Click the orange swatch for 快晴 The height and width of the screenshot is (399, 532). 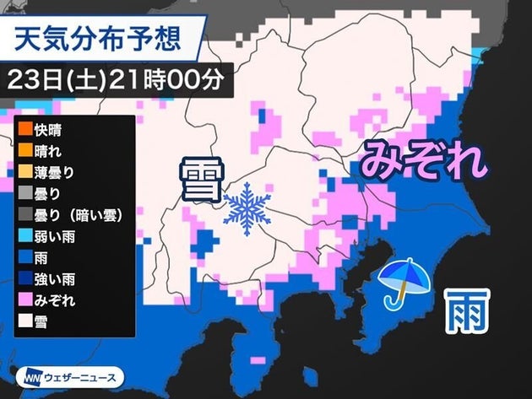point(23,131)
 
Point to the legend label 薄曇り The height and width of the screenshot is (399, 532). point(56,173)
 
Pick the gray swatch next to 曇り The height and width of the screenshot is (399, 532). point(23,194)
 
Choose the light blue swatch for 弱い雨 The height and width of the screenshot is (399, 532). point(23,236)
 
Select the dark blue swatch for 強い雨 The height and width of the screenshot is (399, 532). point(23,278)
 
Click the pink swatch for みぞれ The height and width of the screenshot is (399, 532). point(23,299)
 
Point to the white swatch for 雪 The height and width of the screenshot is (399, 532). point(23,321)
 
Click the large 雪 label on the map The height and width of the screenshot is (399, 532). point(198,181)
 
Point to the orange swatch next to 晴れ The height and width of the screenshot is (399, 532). point(23,152)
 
